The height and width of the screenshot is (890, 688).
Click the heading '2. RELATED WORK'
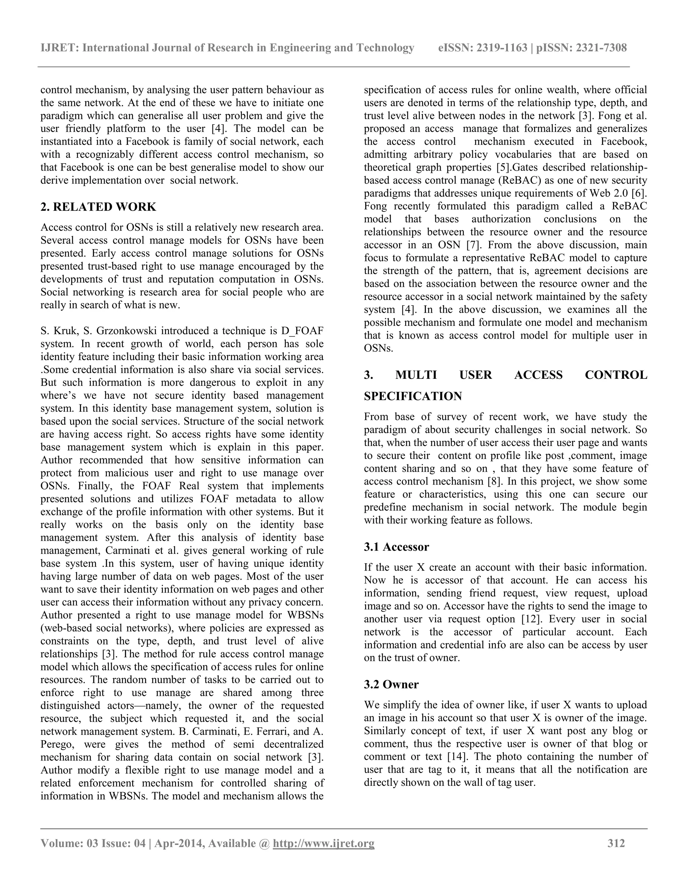click(98, 207)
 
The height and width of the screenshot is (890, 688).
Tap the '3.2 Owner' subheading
click(391, 684)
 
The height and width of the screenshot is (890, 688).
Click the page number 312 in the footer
click(616, 843)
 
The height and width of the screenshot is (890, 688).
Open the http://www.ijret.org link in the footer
click(323, 843)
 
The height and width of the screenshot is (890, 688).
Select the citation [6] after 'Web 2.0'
click(639, 193)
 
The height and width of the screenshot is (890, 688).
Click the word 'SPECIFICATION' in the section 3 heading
click(413, 396)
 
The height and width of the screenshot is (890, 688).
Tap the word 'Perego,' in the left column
click(58, 744)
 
